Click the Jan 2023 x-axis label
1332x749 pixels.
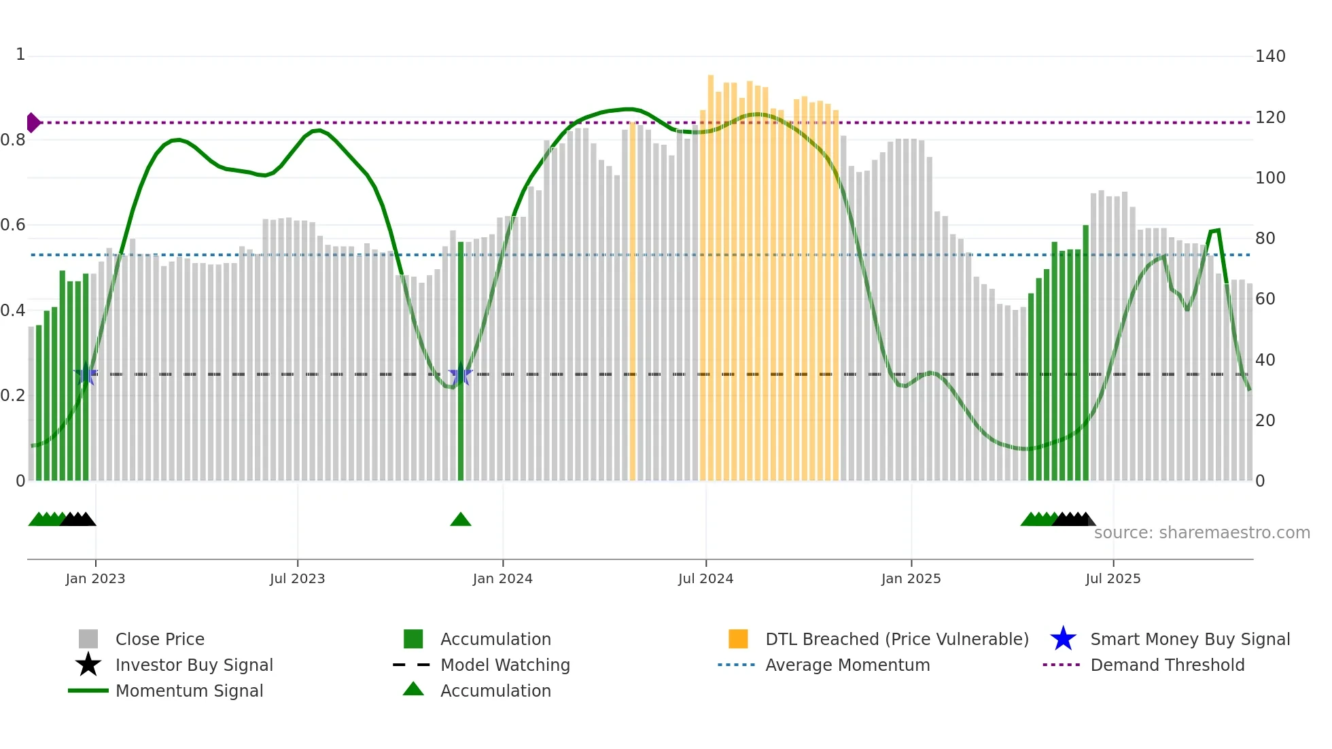coord(95,579)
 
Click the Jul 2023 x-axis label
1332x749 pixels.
coord(297,579)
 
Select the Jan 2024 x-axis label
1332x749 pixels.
coord(502,579)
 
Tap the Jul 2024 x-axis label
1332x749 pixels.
coord(705,579)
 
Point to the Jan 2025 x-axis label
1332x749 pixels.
coord(911,579)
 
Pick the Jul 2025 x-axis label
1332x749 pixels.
coord(1112,579)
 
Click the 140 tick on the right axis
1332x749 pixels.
coord(1270,56)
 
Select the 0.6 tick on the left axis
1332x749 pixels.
coord(13,225)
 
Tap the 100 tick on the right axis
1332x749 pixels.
coord(1270,178)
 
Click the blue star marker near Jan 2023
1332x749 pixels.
coord(86,374)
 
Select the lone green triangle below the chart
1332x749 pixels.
coord(461,520)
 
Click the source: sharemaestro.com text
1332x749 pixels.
coord(1202,533)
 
